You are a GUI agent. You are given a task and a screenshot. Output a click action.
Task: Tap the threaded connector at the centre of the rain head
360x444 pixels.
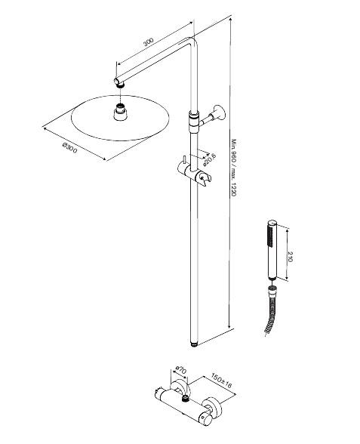pyautogui.click(x=120, y=115)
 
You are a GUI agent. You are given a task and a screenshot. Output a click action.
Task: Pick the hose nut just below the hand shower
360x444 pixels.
pyautogui.click(x=272, y=288)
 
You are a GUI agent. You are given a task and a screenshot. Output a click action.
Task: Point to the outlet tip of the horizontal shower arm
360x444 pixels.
pyautogui.click(x=118, y=80)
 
